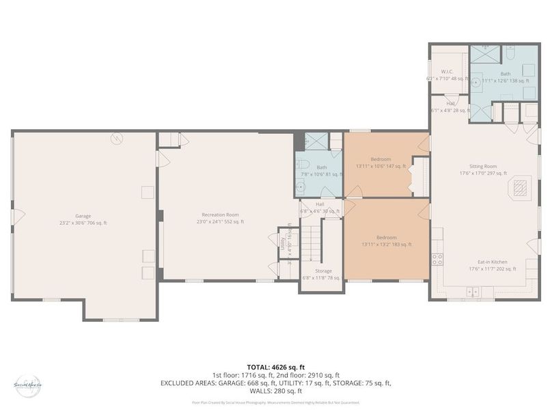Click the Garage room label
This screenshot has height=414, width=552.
pos(83,219)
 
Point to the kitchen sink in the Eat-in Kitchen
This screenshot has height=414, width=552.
pos(471,292)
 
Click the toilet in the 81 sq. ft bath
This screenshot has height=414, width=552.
pos(305,164)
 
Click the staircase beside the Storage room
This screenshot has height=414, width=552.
pos(312,239)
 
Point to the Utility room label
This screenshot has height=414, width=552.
pos(282,244)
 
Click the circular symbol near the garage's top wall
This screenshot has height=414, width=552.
pos(118,137)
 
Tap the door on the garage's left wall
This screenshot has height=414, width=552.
pos(16,217)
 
